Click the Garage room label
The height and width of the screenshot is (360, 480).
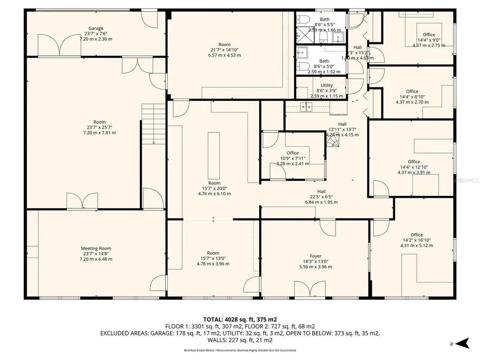(96, 29)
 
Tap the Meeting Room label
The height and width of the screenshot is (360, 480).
(96, 248)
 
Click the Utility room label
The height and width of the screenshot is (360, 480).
(327, 85)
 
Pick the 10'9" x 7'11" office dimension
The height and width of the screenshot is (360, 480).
(292, 158)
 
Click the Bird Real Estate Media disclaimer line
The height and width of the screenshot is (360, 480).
(240, 350)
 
